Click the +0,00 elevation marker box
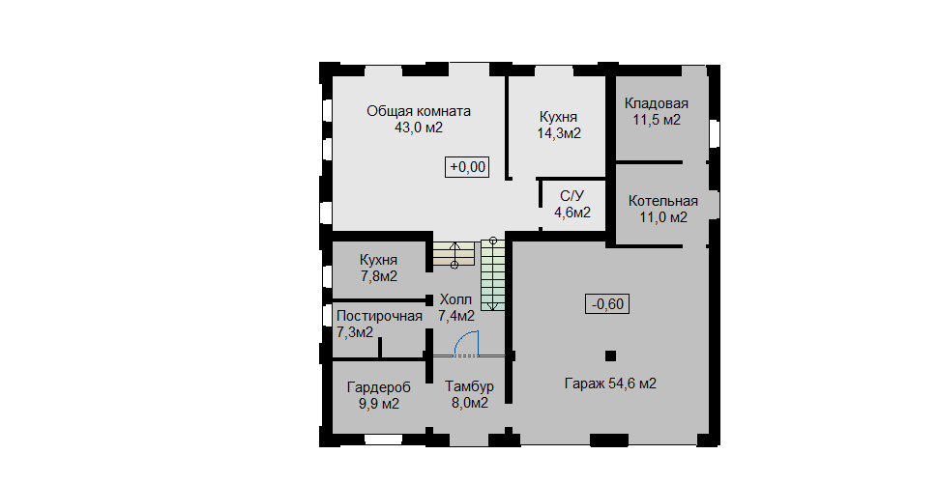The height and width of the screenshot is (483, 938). pyautogui.click(x=467, y=167)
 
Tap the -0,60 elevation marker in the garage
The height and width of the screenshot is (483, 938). pyautogui.click(x=607, y=304)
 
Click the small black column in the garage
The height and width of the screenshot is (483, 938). pyautogui.click(x=610, y=355)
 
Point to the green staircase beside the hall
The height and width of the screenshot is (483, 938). pyautogui.click(x=493, y=275)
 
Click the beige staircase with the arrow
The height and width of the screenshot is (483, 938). pyautogui.click(x=454, y=253)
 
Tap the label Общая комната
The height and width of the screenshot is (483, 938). pyautogui.click(x=419, y=111)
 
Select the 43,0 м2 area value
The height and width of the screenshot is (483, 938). pyautogui.click(x=419, y=128)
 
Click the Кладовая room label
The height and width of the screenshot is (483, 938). pyautogui.click(x=657, y=104)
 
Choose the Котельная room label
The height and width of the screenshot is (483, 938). pyautogui.click(x=662, y=201)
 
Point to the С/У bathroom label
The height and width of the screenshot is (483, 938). pyautogui.click(x=572, y=196)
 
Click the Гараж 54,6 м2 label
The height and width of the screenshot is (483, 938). pyautogui.click(x=610, y=384)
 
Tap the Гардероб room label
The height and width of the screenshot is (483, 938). pyautogui.click(x=379, y=388)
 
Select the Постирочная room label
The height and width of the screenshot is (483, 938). pyautogui.click(x=379, y=316)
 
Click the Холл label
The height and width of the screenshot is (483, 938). pyautogui.click(x=455, y=299)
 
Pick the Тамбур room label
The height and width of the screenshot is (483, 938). pyautogui.click(x=470, y=386)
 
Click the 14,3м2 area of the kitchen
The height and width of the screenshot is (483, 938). pyautogui.click(x=559, y=133)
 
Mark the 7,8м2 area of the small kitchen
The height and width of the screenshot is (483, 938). pyautogui.click(x=379, y=277)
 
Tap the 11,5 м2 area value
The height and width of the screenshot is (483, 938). pyautogui.click(x=657, y=120)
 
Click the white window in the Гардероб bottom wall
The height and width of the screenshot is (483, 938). pyautogui.click(x=383, y=440)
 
